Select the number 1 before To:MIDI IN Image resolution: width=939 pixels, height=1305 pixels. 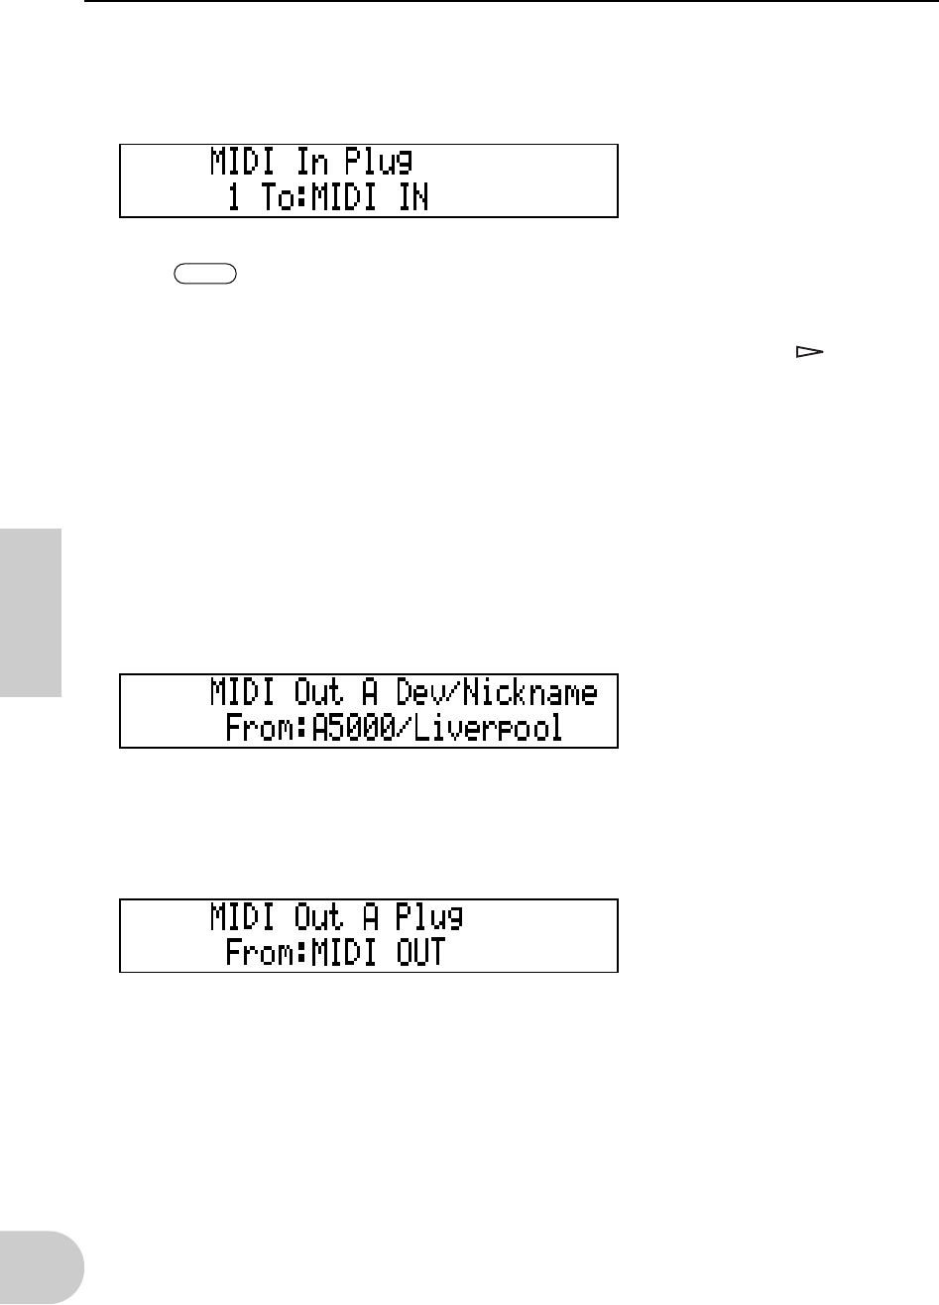pos(234,198)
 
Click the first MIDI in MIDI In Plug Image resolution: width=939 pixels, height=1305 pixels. pos(245,162)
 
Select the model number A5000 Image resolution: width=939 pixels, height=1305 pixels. pos(355,729)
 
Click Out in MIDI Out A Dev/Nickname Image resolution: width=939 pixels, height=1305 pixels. pos(321,693)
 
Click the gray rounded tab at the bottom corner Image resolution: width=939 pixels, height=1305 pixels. pos(42,1268)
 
